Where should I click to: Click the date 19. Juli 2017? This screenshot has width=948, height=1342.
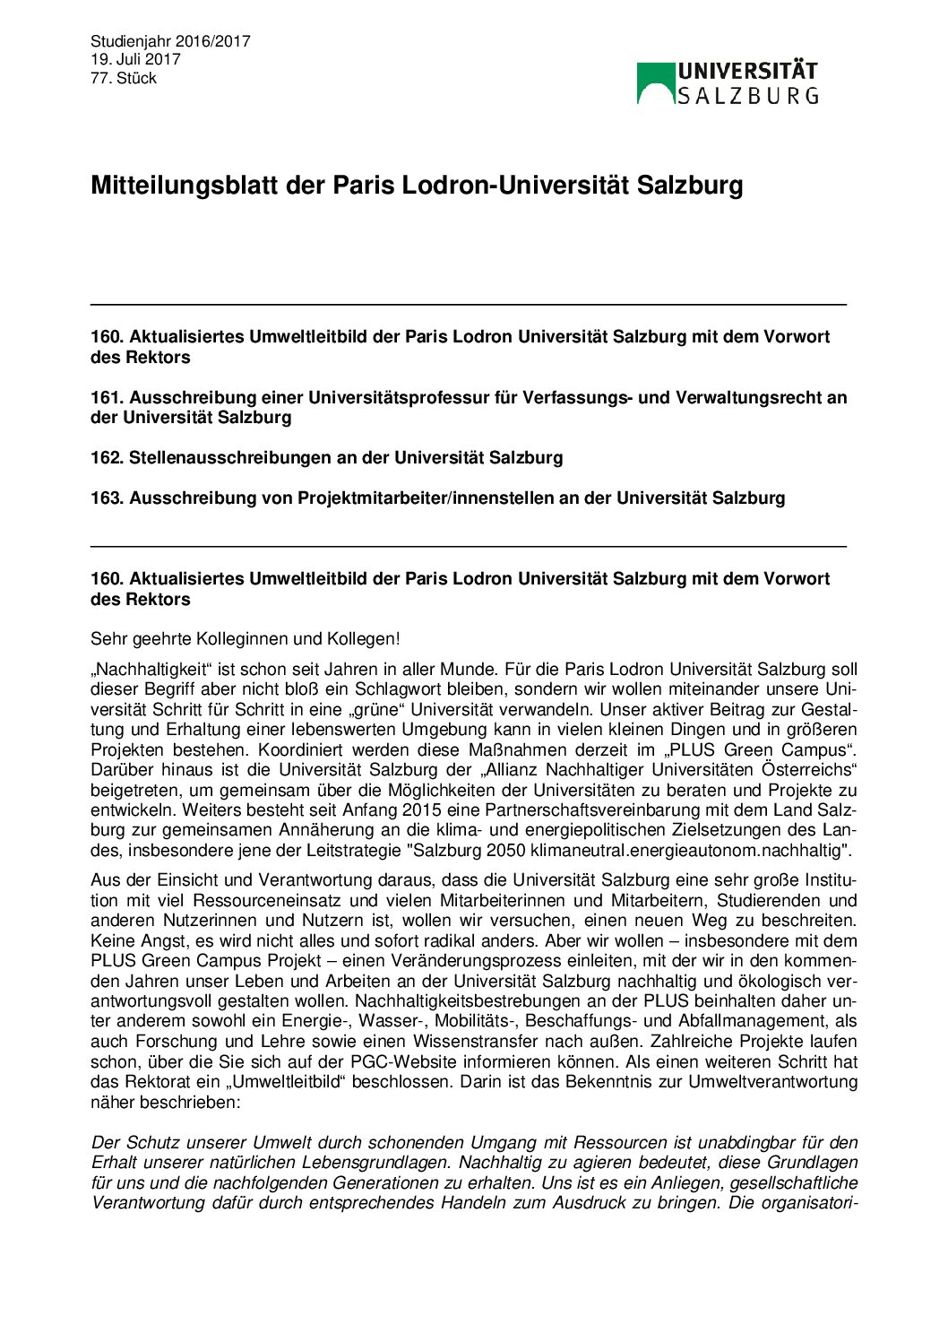point(135,59)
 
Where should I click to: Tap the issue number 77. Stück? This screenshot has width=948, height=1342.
point(124,78)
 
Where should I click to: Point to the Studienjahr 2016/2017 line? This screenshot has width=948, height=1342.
point(170,41)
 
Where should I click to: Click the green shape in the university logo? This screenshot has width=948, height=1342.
point(655,80)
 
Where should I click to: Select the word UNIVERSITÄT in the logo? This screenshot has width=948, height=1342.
point(747,72)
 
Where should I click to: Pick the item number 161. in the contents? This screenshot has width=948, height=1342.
point(107,397)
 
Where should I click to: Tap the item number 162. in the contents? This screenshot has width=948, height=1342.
point(107,457)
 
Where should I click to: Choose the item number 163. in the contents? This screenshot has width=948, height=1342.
point(107,498)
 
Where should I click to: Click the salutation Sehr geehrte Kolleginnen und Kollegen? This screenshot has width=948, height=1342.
point(245,639)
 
